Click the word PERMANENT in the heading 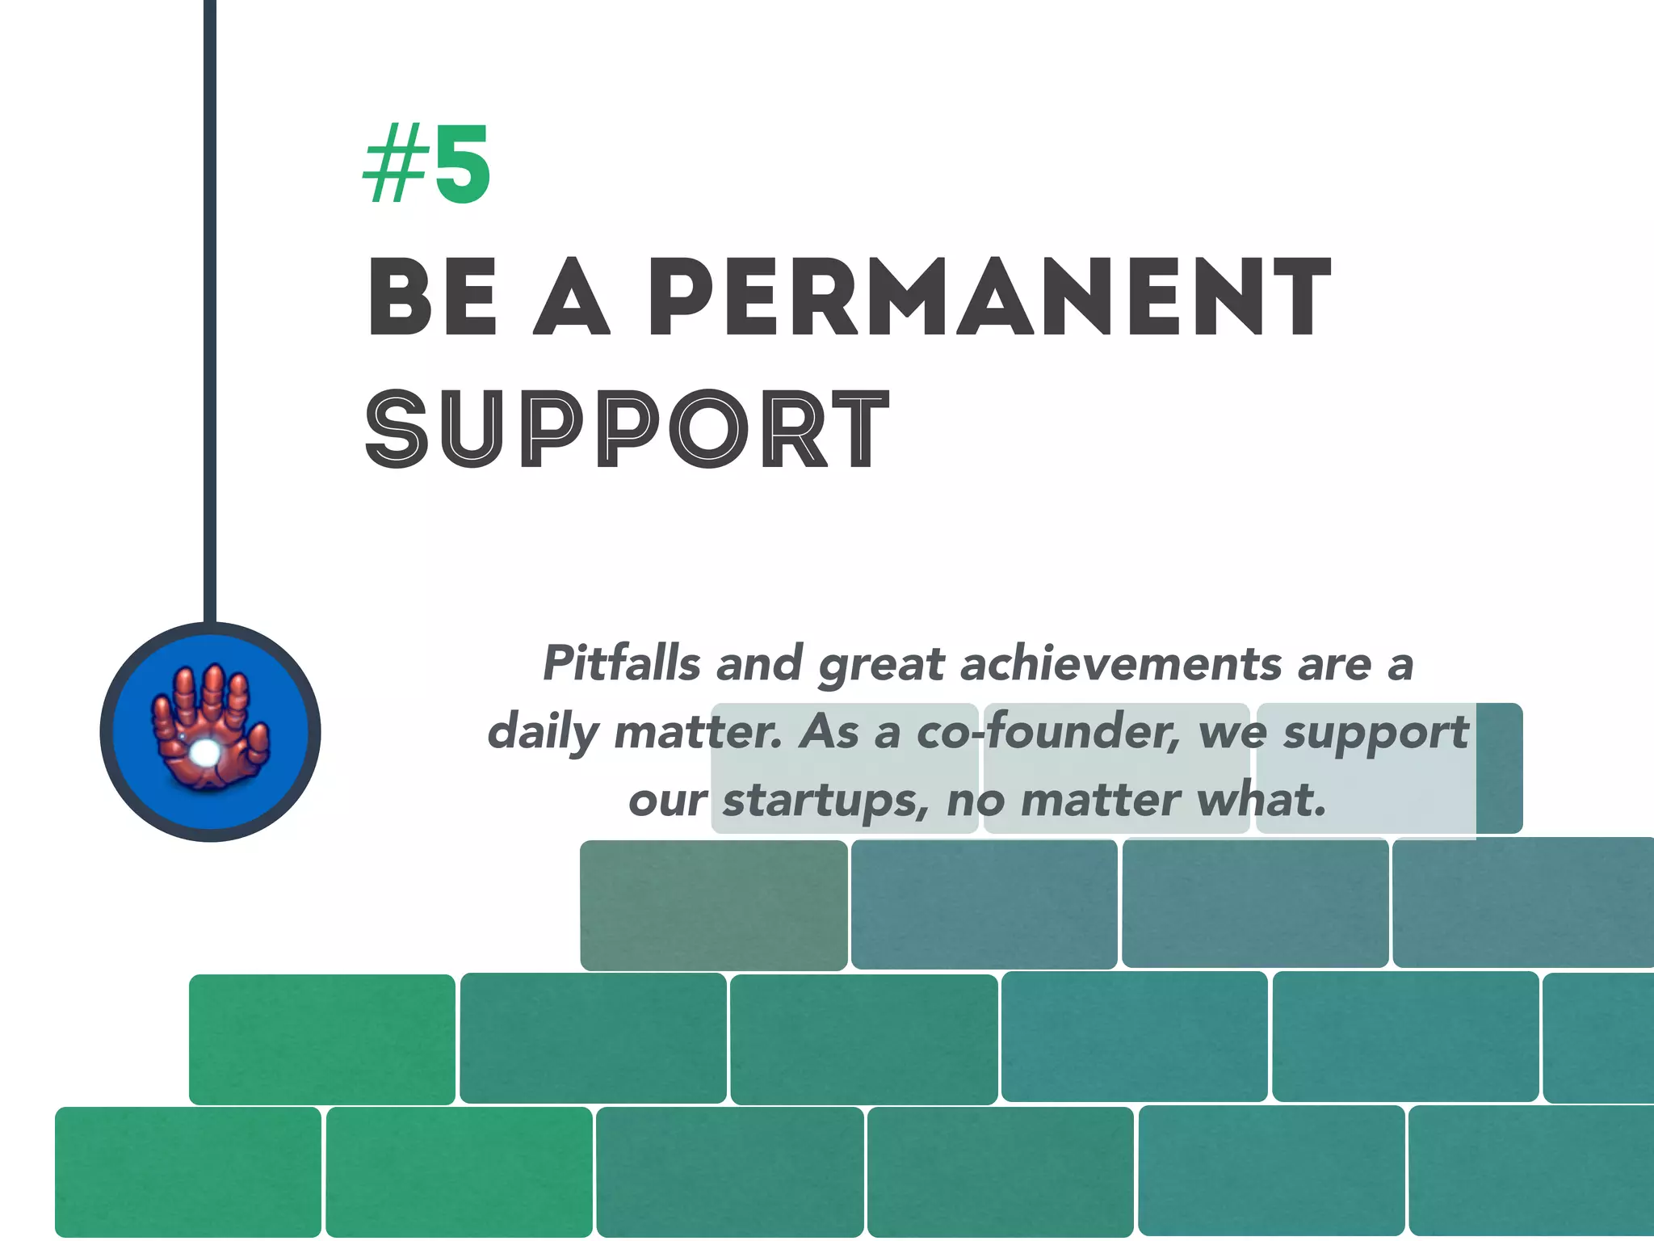coord(989,297)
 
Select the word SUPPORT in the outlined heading coord(627,428)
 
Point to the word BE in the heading coord(433,297)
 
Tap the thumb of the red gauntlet coord(258,742)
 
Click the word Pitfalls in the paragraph coord(621,664)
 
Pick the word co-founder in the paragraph coord(1047,732)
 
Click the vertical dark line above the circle coord(210,323)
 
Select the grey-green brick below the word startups coord(714,905)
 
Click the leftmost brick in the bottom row coord(188,1172)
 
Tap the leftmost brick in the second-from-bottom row coord(322,1039)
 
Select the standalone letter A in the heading coord(571,297)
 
